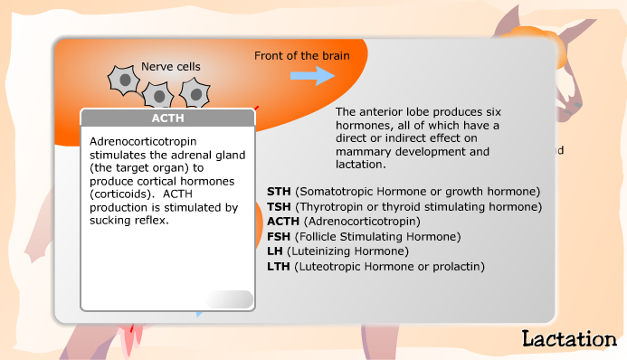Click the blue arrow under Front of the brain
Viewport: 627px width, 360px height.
pos(312,76)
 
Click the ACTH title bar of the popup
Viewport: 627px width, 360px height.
pos(167,118)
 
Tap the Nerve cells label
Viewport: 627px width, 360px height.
pos(171,66)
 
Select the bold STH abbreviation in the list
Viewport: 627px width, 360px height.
pos(280,192)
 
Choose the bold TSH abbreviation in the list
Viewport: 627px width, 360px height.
pos(280,206)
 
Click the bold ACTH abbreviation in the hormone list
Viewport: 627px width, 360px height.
pos(284,221)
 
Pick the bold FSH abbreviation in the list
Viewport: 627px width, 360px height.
pos(280,236)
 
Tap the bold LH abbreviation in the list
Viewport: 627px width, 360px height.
pos(275,251)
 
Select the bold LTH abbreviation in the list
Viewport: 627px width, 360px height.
pos(280,266)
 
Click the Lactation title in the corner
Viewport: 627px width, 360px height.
pos(569,340)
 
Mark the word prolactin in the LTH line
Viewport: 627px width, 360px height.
pos(457,266)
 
